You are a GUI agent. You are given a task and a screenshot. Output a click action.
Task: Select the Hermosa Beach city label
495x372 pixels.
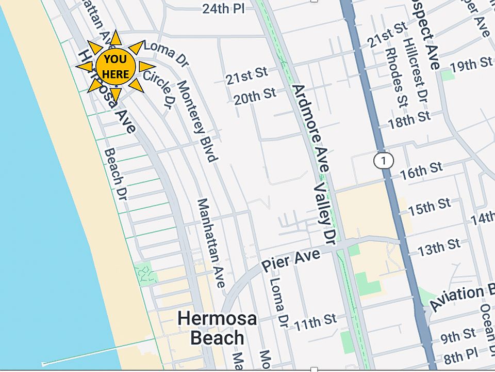click(217, 328)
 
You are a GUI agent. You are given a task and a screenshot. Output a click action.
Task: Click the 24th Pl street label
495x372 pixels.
click(223, 8)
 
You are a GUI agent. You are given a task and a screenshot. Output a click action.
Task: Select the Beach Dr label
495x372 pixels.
click(115, 174)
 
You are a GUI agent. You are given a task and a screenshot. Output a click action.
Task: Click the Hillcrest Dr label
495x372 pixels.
click(415, 70)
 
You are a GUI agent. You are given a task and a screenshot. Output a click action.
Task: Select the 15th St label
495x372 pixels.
click(429, 207)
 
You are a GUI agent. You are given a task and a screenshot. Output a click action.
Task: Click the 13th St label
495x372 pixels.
click(439, 247)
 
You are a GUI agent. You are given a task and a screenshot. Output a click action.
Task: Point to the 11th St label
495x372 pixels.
click(315, 323)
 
